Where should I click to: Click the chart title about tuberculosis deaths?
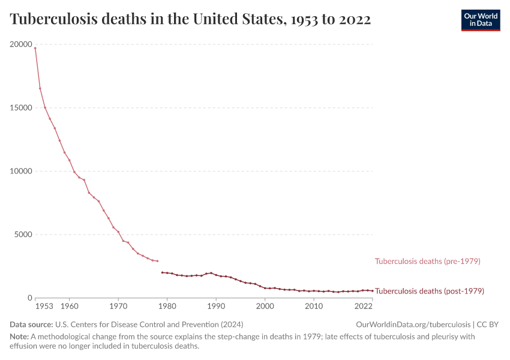pos(190,20)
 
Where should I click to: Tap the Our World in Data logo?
pos(480,20)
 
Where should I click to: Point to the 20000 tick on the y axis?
pos(21,44)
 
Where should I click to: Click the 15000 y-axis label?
pos(21,108)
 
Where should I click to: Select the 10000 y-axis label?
pos(21,171)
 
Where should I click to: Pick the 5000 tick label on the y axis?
pos(23,235)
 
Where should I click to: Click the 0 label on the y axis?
pos(28,298)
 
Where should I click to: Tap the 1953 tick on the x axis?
pos(44,307)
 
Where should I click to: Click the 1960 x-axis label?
pos(69,307)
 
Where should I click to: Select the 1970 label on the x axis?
pos(118,307)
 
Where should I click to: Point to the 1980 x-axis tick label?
pos(167,307)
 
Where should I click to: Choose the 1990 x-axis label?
pos(216,307)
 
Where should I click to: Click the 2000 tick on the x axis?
pos(265,307)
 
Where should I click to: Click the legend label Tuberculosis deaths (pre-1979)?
pos(427,261)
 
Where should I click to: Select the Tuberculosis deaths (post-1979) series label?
pos(429,291)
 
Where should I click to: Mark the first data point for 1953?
pos(35,48)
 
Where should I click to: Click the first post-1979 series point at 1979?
pos(162,272)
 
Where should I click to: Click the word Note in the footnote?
pos(19,337)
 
